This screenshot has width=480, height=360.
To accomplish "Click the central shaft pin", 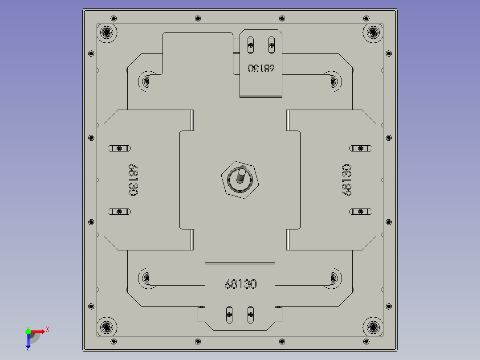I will [x=241, y=174].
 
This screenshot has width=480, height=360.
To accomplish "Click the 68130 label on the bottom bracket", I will [x=240, y=284].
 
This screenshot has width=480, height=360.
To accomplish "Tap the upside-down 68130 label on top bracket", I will [x=261, y=68].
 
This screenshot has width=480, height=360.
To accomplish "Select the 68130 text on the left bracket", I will [x=133, y=180].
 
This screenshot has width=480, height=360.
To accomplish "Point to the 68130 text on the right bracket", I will [x=346, y=180].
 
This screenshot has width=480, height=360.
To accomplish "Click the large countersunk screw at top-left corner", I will [x=107, y=32].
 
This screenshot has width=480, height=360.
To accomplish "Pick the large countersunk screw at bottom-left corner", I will [x=107, y=327].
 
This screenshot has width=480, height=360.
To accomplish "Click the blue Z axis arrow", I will [x=28, y=342].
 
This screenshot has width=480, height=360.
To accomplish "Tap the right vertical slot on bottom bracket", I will [x=250, y=315].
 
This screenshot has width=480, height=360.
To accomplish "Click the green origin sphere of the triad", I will [x=28, y=331].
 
